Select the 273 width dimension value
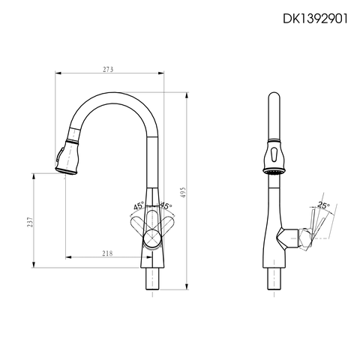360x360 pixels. [108, 69]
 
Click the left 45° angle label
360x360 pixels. [139, 205]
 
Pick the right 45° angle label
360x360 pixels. [165, 205]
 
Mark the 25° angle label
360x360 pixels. [322, 204]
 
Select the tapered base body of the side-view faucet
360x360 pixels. [273, 240]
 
